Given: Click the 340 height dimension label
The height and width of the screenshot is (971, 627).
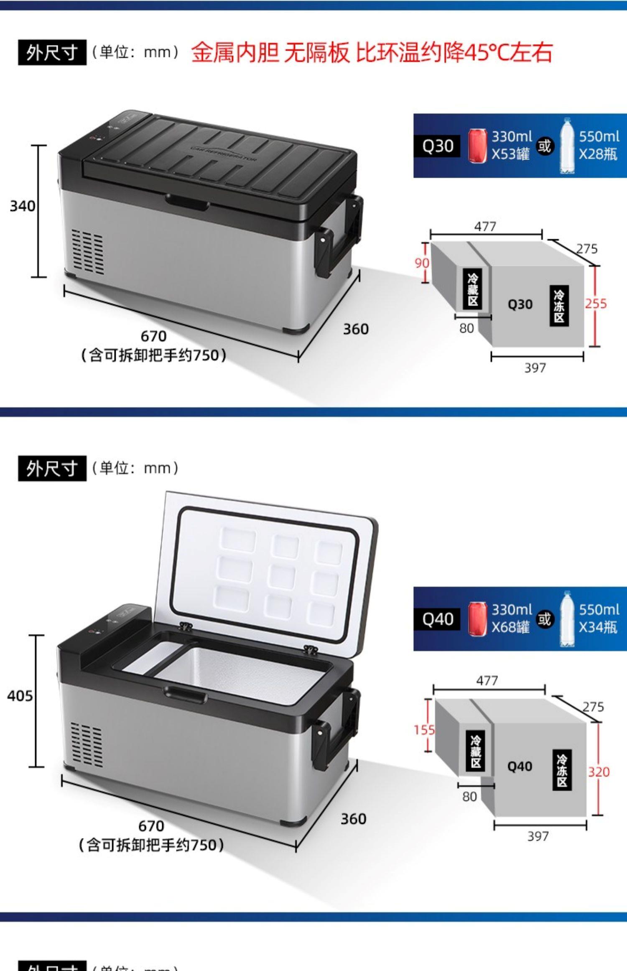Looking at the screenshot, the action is [x=23, y=206].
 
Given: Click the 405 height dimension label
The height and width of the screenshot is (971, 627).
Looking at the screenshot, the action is [x=20, y=695].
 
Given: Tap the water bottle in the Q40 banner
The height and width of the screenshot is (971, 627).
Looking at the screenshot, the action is [x=567, y=619].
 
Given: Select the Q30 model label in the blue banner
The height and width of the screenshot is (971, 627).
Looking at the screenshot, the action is [x=437, y=146].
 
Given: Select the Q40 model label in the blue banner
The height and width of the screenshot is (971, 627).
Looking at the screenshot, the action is [x=437, y=619].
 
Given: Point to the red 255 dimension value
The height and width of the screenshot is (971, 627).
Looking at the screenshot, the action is [x=596, y=304].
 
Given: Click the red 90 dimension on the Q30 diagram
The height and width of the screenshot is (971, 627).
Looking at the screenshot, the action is [x=422, y=263].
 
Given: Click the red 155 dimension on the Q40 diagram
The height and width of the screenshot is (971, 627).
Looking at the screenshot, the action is [x=424, y=730].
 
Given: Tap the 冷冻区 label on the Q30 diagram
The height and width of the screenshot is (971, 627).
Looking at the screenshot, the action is [x=559, y=307].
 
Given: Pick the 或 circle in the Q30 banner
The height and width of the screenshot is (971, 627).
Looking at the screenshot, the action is [x=544, y=146].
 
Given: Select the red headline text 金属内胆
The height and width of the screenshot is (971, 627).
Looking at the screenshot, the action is [x=235, y=53].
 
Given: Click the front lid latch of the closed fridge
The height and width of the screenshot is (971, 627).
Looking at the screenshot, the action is [x=186, y=203].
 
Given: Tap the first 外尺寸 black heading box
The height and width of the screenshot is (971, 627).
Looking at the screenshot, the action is [x=52, y=53].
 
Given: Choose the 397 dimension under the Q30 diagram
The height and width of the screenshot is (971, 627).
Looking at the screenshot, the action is [x=535, y=368].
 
